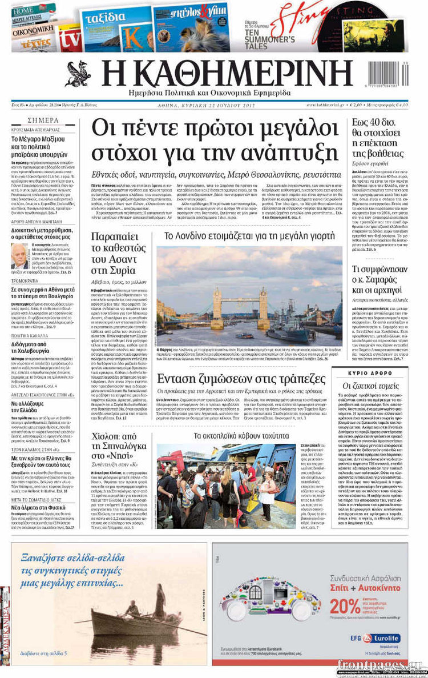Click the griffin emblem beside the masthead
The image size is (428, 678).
pyautogui.click(x=78, y=74)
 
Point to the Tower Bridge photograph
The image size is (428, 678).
pyautogui.click(x=249, y=296)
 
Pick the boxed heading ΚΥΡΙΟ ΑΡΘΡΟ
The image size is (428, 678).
pyautogui.click(x=377, y=372)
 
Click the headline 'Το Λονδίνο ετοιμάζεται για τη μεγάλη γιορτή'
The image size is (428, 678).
pyautogui.click(x=249, y=235)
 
